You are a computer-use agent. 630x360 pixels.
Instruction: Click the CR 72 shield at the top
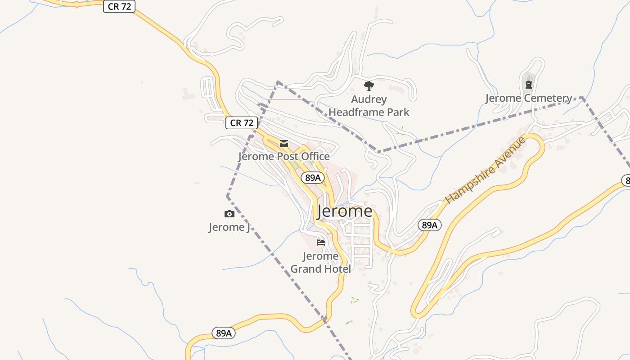(x=119, y=7)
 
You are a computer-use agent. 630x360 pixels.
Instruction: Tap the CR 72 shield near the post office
(x=242, y=123)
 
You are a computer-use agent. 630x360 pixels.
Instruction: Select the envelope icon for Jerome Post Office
(x=284, y=144)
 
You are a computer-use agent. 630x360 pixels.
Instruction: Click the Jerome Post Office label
(x=284, y=156)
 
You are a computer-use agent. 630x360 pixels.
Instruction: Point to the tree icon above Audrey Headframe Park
(x=369, y=85)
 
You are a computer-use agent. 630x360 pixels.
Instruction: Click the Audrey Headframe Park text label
(x=369, y=106)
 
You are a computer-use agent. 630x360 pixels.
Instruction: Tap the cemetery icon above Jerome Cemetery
(x=529, y=84)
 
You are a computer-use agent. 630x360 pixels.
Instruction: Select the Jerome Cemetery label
(x=529, y=98)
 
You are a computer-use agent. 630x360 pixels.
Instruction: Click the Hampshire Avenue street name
(x=485, y=170)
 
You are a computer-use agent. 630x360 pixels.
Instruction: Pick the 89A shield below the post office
(x=313, y=178)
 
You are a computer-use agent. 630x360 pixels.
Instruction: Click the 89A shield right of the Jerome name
(x=430, y=225)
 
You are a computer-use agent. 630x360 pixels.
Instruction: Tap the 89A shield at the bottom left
(x=224, y=333)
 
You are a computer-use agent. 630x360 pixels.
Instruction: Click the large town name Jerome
(x=345, y=211)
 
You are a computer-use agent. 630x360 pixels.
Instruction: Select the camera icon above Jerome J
(x=229, y=214)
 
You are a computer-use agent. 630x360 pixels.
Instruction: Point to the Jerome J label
(x=229, y=227)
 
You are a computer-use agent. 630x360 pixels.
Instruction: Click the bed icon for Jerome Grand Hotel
(x=321, y=243)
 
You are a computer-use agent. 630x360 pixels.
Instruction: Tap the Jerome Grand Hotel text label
(x=321, y=263)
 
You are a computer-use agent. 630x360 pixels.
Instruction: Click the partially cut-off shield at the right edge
(x=626, y=180)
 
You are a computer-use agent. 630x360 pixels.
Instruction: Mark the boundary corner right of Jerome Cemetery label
(x=582, y=97)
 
